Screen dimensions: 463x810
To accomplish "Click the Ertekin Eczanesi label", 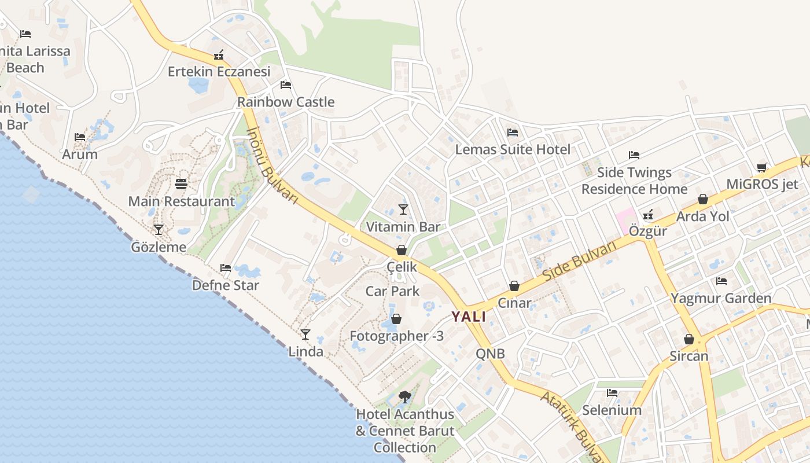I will point(219,72).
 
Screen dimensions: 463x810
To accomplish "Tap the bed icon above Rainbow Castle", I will point(286,85).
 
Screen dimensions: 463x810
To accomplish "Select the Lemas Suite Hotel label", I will point(513,149).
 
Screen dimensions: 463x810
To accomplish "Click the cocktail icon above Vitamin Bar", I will point(403,209).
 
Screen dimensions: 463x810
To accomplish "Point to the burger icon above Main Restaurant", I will point(181,184).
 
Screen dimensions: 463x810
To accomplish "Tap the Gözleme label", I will point(159,248).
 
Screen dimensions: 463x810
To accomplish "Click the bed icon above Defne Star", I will point(226,268).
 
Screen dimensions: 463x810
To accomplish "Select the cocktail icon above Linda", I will point(305,335).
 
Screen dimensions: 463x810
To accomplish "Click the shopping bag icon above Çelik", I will point(402,250).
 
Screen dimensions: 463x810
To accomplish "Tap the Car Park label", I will point(393,291).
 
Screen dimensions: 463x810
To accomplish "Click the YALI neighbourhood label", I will point(469,317).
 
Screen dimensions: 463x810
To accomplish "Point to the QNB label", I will point(491,354).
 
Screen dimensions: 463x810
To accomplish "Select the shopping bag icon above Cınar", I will point(514,286).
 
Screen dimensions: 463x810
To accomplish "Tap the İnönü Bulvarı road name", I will point(272,164).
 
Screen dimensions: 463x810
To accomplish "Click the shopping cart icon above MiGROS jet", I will point(762,167).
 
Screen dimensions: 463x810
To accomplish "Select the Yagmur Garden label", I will point(721,299).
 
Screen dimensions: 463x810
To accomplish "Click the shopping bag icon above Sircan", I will point(689,339).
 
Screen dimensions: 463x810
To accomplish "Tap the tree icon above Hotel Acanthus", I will point(405,397).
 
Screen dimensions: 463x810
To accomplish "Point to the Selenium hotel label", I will point(612,410).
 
